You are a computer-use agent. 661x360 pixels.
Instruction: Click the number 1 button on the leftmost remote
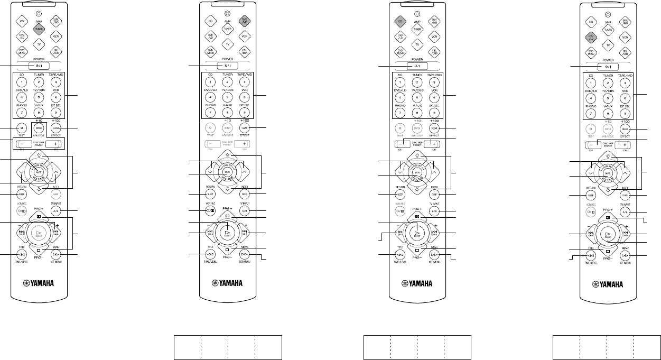coord(22,82)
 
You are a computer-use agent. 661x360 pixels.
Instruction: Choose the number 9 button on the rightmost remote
coord(625,113)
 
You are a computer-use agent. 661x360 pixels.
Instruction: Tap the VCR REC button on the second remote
coord(210,211)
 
